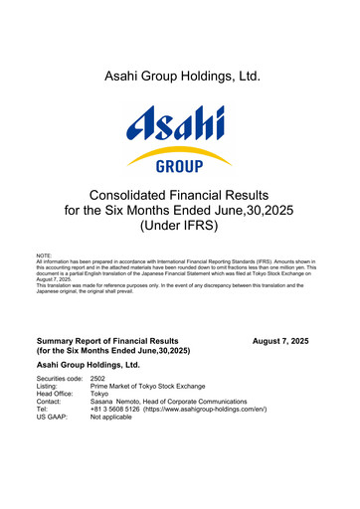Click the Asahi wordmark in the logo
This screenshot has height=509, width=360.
175,127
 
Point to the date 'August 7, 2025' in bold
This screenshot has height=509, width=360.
279,341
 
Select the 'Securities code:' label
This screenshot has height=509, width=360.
59,380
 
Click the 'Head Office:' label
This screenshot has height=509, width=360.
56,399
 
